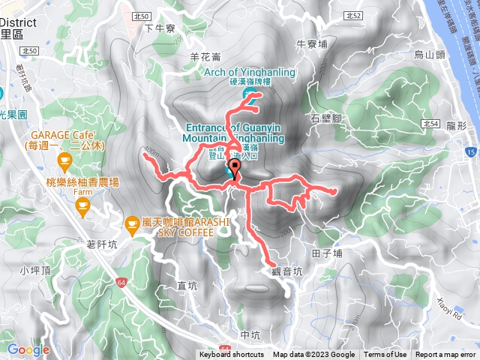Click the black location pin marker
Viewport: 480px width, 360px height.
point(235,169)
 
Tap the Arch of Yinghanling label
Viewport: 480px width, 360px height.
point(250,72)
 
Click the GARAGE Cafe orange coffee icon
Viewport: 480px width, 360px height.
point(64,160)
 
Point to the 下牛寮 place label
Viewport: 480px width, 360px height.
point(159,28)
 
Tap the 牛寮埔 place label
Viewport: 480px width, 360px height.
point(312,44)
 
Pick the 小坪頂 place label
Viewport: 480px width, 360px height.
point(35,270)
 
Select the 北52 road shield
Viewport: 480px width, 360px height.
point(355,15)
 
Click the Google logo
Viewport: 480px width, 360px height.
point(28,349)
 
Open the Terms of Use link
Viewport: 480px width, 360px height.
point(385,355)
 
